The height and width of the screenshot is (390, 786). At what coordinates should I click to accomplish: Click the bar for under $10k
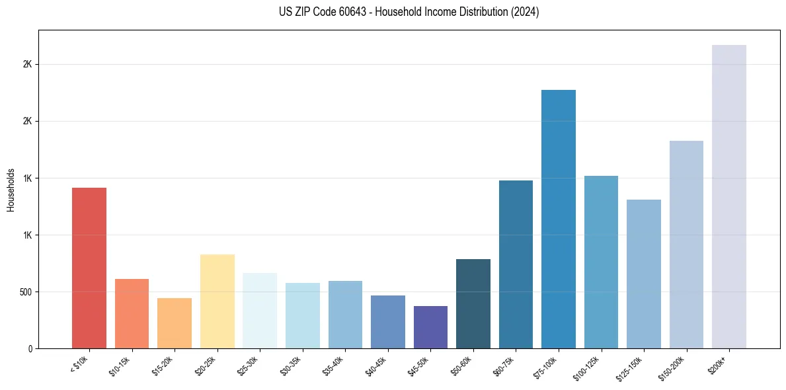89,268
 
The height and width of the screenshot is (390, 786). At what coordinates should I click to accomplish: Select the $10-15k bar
132,313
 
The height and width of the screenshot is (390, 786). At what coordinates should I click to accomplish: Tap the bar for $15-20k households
175,323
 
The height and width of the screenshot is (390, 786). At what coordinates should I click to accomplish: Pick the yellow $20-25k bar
217,301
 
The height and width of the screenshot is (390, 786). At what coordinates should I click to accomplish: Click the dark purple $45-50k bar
430,327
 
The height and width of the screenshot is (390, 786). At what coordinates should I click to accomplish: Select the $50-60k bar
473,303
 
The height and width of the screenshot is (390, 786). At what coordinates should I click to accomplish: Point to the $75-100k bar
559,219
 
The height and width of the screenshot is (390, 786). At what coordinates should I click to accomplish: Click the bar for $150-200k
686,245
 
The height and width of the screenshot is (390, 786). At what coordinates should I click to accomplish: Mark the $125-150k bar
644,274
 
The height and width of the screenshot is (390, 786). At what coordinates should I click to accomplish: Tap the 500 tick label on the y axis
24,292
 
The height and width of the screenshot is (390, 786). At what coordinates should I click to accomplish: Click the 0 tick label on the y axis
30,349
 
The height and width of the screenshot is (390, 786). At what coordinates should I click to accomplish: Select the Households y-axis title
11,189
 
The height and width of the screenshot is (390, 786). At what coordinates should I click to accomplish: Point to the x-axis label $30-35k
292,365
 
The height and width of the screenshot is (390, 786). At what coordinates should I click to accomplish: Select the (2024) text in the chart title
526,12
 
